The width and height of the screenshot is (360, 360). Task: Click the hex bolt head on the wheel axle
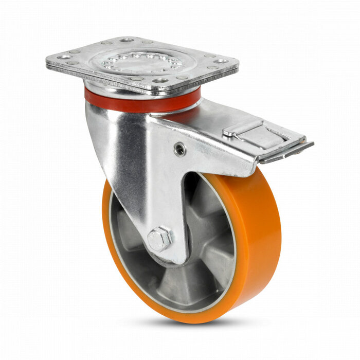coord(159,239)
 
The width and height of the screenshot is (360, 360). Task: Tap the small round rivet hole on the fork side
coord(179,150)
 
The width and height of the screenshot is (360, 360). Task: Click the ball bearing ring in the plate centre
coord(141,61)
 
